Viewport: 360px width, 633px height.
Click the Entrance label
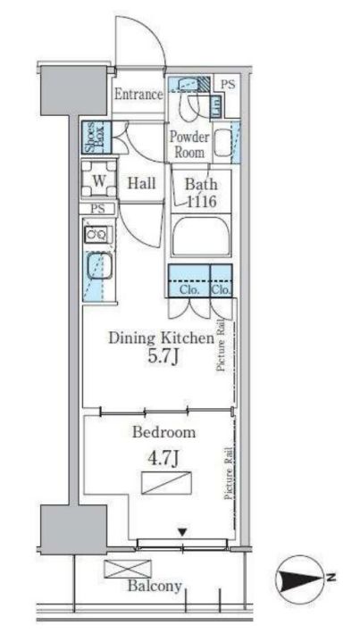[138, 95]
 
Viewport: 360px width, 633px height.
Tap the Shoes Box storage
[96, 137]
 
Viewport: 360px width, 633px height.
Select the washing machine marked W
[99, 180]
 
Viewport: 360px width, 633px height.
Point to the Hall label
[142, 183]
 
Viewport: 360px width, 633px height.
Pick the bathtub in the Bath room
[201, 237]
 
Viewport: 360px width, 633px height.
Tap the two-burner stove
[96, 235]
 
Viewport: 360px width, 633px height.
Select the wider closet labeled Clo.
[188, 281]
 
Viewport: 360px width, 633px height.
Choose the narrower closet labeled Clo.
[222, 281]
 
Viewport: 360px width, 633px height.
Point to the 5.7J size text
[161, 357]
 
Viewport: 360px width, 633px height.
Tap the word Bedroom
[164, 432]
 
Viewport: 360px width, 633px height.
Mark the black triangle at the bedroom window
[182, 533]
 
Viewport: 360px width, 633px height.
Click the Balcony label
[155, 586]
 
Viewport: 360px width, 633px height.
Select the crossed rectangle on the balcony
[128, 569]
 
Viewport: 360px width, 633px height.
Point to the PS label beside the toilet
[228, 85]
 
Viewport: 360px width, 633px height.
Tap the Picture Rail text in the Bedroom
[229, 473]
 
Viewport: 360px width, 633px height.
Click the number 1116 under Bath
[203, 201]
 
